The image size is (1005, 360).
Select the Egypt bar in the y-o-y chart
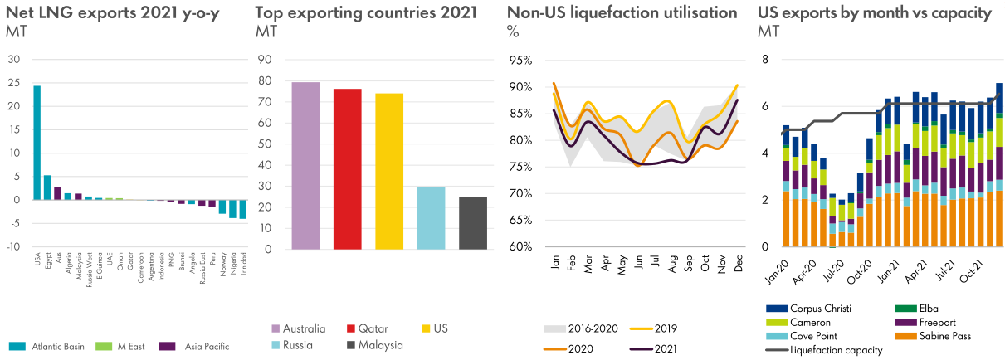coord(47,187)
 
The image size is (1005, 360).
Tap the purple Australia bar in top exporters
coord(305,166)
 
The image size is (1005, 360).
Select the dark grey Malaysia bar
coord(473,222)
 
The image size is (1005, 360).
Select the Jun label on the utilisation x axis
coord(637,261)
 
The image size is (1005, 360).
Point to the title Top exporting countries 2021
coord(366,12)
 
